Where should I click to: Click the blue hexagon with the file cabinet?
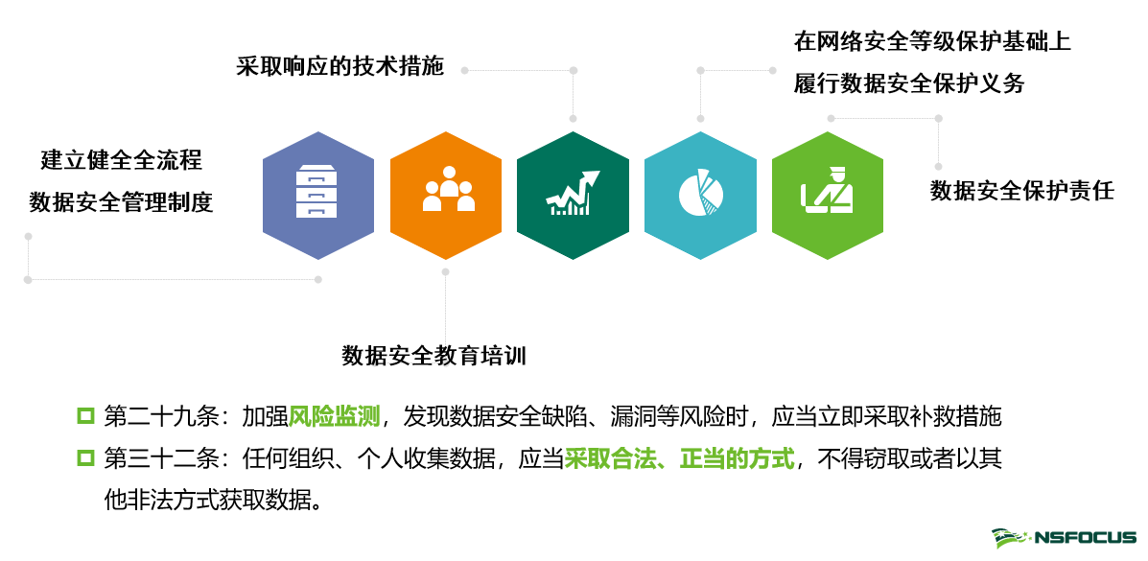318,196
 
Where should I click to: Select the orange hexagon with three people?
446,196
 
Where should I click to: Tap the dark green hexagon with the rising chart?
573,196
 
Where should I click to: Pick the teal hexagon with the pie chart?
700,196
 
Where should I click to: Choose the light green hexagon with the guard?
827,196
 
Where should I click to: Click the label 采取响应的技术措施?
340,67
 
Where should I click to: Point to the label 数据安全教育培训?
434,356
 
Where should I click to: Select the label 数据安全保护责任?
1022,190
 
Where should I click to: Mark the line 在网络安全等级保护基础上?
932,42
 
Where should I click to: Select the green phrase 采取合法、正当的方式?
680,458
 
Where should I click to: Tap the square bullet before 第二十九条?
85,416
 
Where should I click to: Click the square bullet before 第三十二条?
85,458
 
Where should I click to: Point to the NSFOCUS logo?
1064,538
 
